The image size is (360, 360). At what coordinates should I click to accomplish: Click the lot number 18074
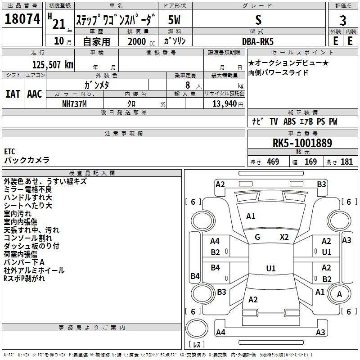pyautogui.click(x=22, y=19)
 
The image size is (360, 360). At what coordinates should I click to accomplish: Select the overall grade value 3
pyautogui.click(x=343, y=21)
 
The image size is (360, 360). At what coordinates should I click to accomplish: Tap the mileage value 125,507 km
pyautogui.click(x=53, y=65)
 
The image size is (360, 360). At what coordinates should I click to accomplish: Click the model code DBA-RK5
pyautogui.click(x=258, y=41)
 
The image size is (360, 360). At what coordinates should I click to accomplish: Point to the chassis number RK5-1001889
pyautogui.click(x=302, y=143)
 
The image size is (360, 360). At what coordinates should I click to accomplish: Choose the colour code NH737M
pyautogui.click(x=74, y=104)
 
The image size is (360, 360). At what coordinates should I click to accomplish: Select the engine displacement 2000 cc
pyautogui.click(x=141, y=41)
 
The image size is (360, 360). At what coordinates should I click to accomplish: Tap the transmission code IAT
pyautogui.click(x=13, y=94)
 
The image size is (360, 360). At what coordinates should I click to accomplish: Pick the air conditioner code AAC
pyautogui.click(x=35, y=94)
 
